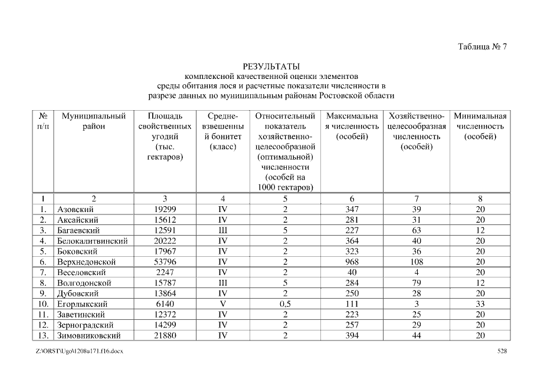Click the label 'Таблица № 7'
pos(482,47)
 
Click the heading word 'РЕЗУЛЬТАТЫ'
pos(271,66)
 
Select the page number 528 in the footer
pos(502,352)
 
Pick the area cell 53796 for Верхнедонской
pos(165,262)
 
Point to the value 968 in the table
pos(352,262)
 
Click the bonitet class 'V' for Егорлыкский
pos(222,304)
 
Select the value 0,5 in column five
pos(285,304)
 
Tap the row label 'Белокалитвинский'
pos(92,241)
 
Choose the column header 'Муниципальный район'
pos(93,121)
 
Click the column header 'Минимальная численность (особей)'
pos(480,127)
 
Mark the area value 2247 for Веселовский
pos(165,272)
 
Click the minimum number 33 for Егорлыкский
pos(480,304)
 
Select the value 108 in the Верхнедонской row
pos(417,262)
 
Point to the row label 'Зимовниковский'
pos(89,336)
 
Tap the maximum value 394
pos(352,336)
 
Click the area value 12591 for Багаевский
pos(165,230)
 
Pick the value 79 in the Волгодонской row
pos(417,283)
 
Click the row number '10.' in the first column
pos(43,304)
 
